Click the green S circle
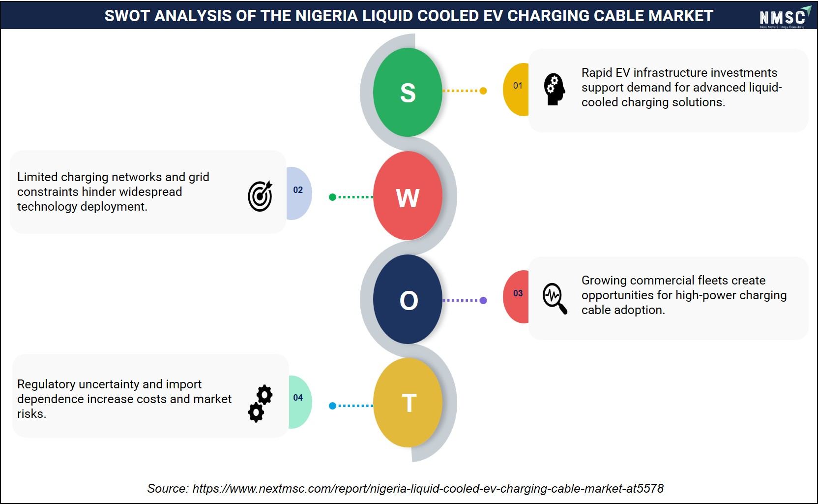point(408,92)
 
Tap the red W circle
point(408,196)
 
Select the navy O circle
point(408,299)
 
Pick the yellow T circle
point(408,402)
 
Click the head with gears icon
point(555,89)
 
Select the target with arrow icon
point(260,196)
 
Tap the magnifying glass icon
point(555,298)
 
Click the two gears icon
point(261,404)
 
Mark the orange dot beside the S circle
point(483,91)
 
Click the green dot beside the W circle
point(332,197)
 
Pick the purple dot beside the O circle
point(483,300)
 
